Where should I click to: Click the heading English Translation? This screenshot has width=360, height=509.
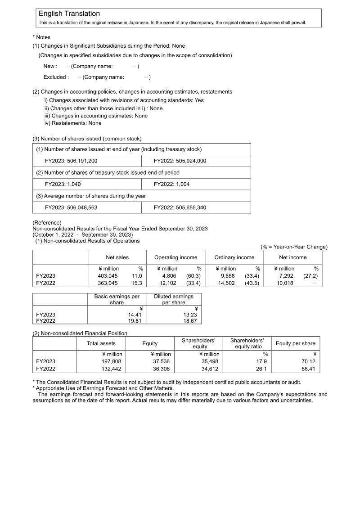[69, 14]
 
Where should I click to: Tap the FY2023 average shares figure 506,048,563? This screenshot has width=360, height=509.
[71, 207]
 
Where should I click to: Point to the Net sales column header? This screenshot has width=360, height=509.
[117, 257]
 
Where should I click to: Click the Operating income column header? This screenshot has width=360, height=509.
[175, 257]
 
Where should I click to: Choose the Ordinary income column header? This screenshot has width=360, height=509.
[234, 257]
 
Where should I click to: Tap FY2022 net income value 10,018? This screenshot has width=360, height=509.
[285, 283]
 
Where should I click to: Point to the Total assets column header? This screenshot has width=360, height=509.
[101, 343]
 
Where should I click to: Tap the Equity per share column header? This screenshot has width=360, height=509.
[296, 343]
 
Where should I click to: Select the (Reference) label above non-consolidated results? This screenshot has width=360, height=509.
[47, 222]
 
